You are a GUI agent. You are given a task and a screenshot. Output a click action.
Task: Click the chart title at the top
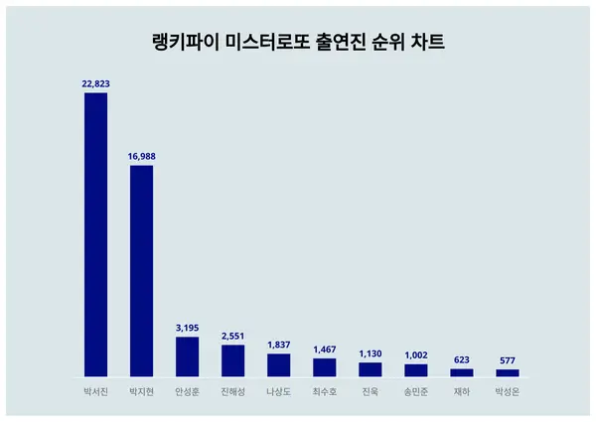[x=297, y=43]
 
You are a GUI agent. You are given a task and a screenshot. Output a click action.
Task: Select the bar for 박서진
[x=95, y=234]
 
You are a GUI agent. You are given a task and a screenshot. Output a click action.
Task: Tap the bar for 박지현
[x=141, y=270]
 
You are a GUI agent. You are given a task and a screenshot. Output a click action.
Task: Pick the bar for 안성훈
[x=187, y=356]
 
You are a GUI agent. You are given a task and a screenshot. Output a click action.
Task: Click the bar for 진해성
[x=232, y=360]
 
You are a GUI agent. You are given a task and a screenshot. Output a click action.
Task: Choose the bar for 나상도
[x=278, y=364]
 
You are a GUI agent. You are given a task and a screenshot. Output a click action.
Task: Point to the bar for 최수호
[x=325, y=367]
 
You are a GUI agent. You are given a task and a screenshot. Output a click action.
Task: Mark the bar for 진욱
[x=371, y=369]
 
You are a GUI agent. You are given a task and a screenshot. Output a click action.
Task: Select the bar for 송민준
[x=416, y=370]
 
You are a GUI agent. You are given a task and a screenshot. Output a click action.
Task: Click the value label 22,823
[x=95, y=85]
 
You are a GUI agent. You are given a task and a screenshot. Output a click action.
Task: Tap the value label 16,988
[x=141, y=157]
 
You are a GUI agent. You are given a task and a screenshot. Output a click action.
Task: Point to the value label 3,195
[x=187, y=328]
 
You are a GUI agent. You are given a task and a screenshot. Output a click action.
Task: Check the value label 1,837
[x=278, y=345]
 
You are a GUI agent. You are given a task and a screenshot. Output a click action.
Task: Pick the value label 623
[x=462, y=359]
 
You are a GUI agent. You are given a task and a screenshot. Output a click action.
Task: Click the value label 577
[x=508, y=360]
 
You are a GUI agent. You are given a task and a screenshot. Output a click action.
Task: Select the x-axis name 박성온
[x=508, y=391]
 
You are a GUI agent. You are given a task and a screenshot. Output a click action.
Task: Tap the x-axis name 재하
[x=462, y=391]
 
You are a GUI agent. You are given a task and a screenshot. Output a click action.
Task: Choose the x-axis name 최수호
[x=325, y=391]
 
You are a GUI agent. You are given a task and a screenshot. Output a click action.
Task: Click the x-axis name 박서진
[x=95, y=391]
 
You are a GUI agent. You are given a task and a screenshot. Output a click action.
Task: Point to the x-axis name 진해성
[x=232, y=391]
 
